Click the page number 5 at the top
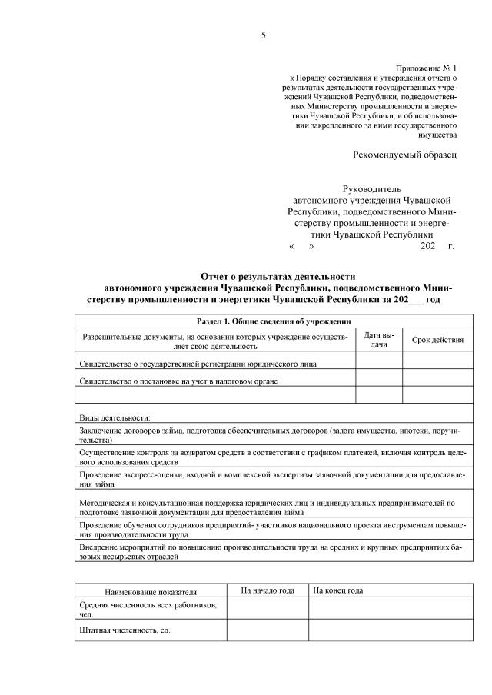[263, 35]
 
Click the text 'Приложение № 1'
[426, 68]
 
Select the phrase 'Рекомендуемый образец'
[404, 155]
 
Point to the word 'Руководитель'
[371, 188]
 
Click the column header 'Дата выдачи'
[378, 340]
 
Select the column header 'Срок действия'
[437, 340]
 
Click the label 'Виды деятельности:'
[109, 416]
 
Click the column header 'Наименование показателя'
[151, 592]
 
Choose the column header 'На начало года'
[268, 590]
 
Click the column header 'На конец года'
[339, 590]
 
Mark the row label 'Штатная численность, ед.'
[125, 630]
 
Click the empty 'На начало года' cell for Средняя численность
[268, 610]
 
